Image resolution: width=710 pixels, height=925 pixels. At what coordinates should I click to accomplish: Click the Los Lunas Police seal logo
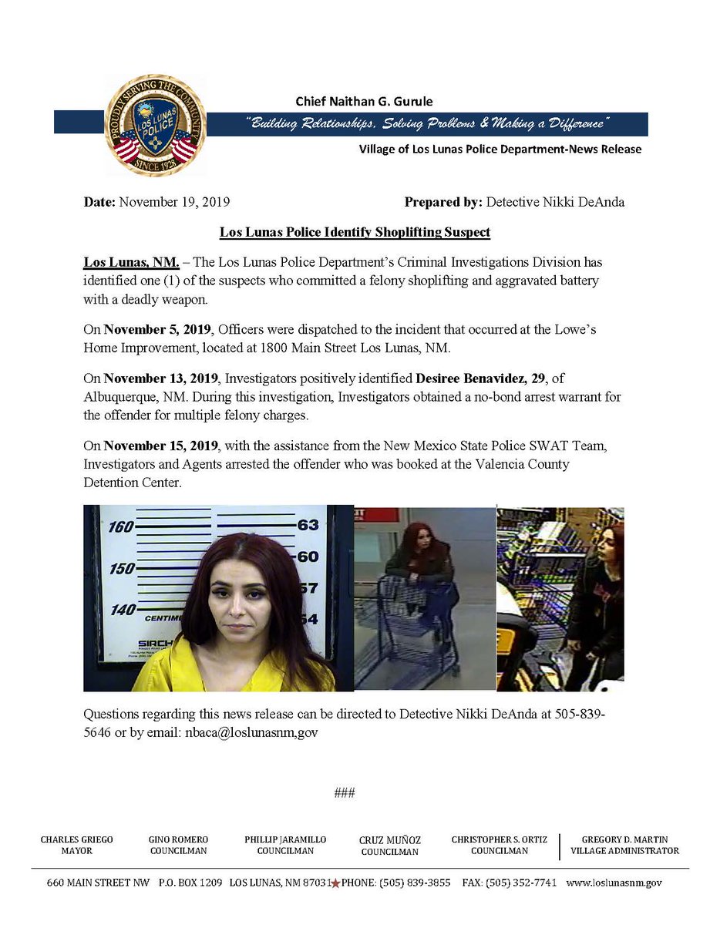155,125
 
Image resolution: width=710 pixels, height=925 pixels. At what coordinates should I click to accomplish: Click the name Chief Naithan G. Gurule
364,101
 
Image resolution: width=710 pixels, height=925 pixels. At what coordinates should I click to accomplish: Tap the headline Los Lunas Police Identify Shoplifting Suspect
355,231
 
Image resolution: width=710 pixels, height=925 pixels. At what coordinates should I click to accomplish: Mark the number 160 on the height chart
121,527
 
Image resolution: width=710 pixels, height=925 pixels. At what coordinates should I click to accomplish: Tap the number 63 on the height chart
308,526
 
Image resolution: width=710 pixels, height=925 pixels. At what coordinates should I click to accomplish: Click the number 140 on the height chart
122,610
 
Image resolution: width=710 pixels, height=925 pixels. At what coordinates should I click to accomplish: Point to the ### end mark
344,792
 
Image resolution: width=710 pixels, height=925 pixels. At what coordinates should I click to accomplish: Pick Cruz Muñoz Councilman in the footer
389,846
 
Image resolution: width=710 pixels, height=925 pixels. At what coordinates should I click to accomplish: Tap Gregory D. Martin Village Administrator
624,845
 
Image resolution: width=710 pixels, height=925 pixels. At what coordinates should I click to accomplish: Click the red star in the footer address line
335,883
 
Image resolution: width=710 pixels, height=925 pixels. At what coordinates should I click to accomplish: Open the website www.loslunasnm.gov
614,883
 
